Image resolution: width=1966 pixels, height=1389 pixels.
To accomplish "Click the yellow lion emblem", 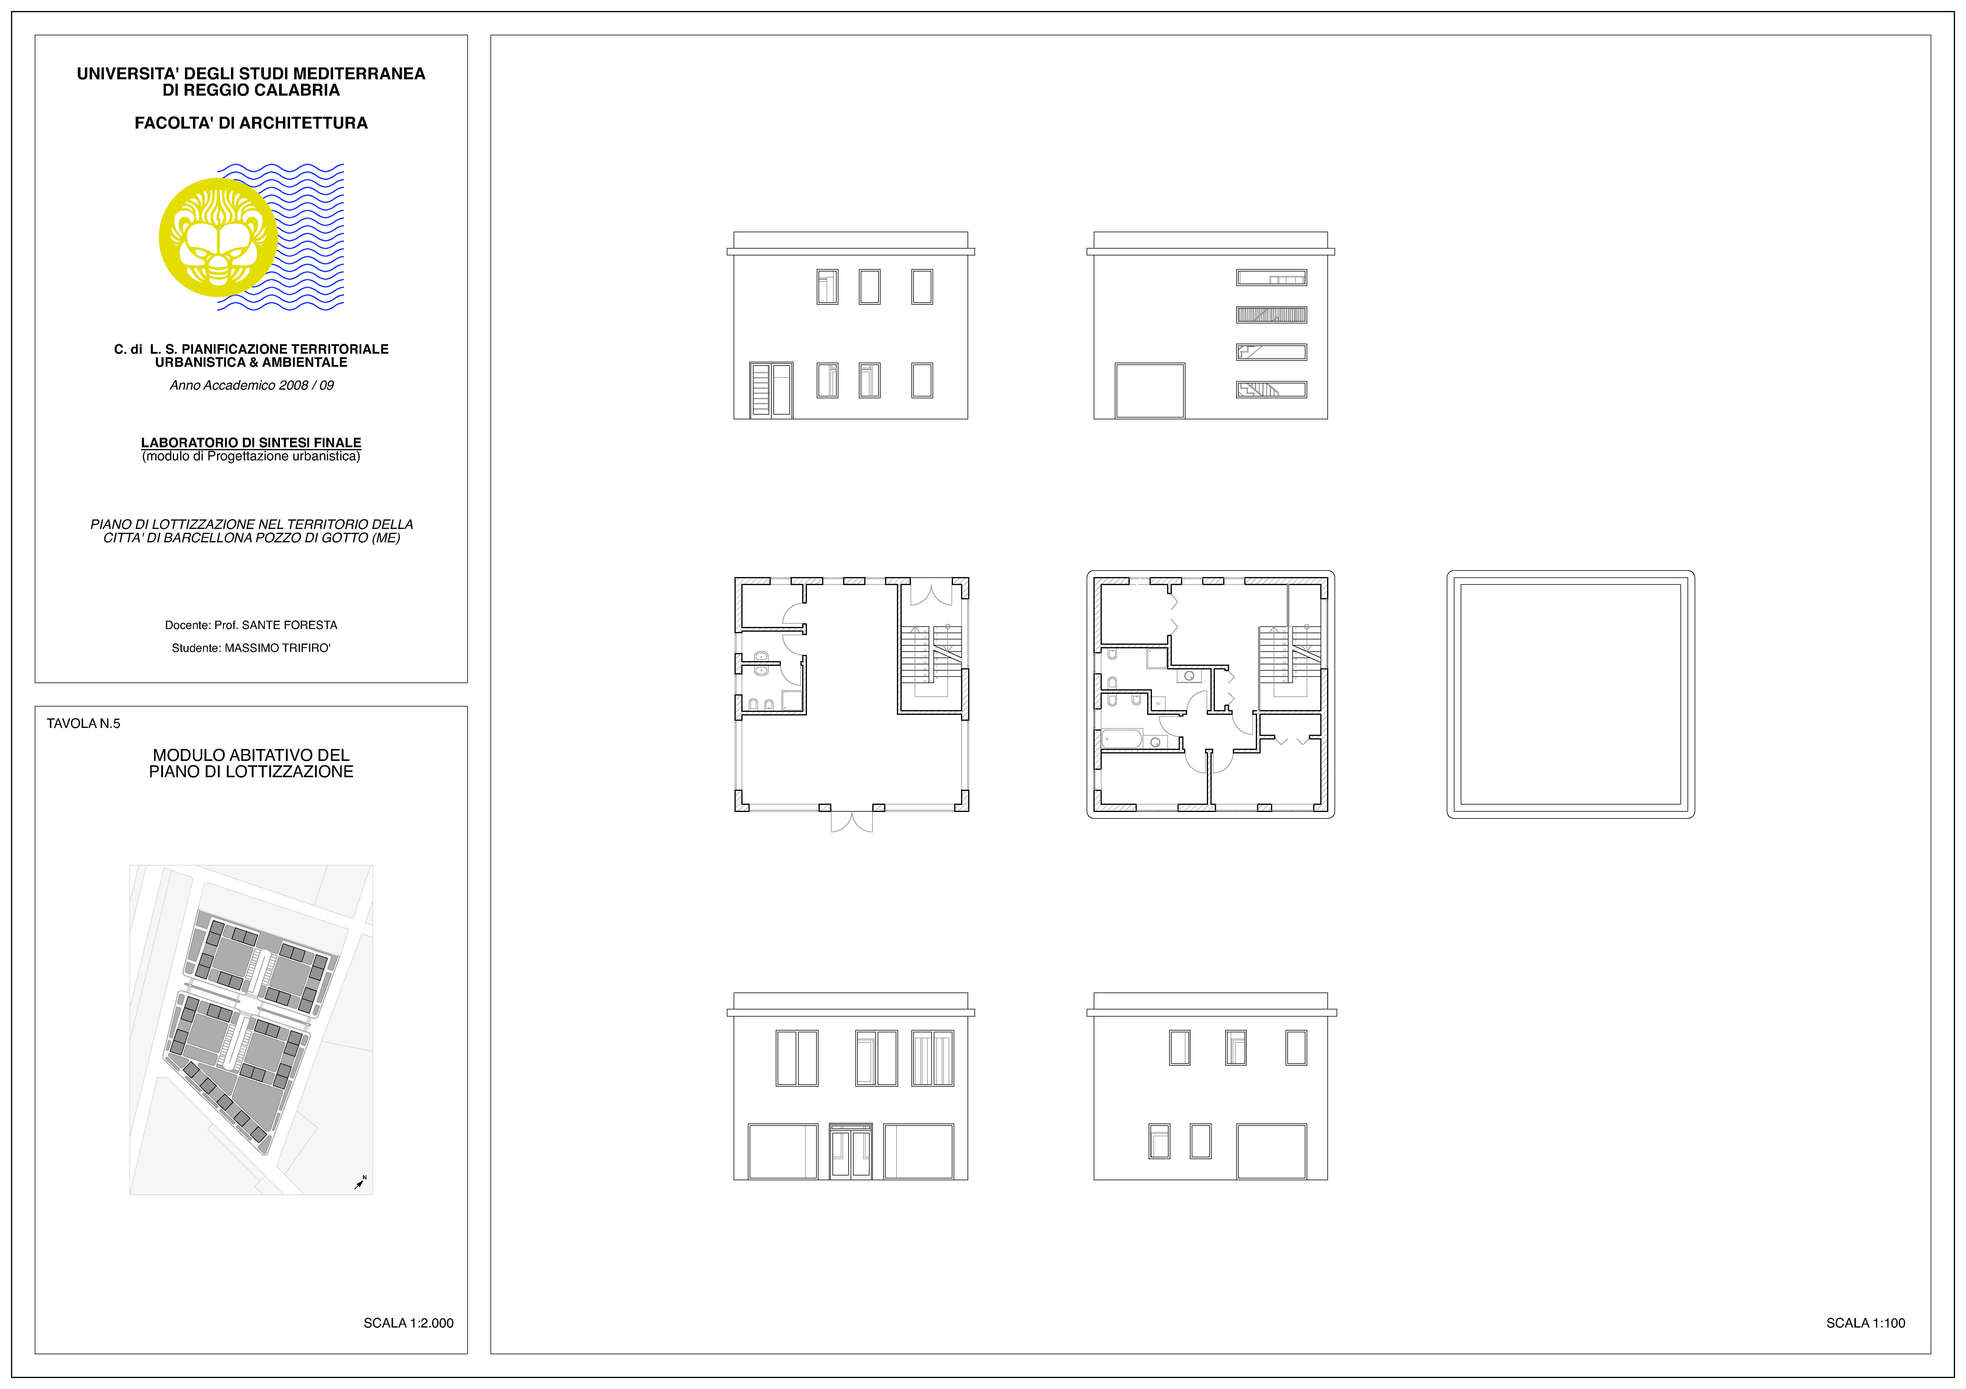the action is point(218,237).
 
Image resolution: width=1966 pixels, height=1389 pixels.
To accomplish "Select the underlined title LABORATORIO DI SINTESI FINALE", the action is point(251,443).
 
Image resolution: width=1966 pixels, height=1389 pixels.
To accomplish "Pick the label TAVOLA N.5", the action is point(83,724).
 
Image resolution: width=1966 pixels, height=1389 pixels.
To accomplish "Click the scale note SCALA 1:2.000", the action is point(409,1323).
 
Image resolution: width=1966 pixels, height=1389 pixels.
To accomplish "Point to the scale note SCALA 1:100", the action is point(1866,1323).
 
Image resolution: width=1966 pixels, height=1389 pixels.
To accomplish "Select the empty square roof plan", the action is point(1571,694).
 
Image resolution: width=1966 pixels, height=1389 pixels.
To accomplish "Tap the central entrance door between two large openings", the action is point(851,1152).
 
